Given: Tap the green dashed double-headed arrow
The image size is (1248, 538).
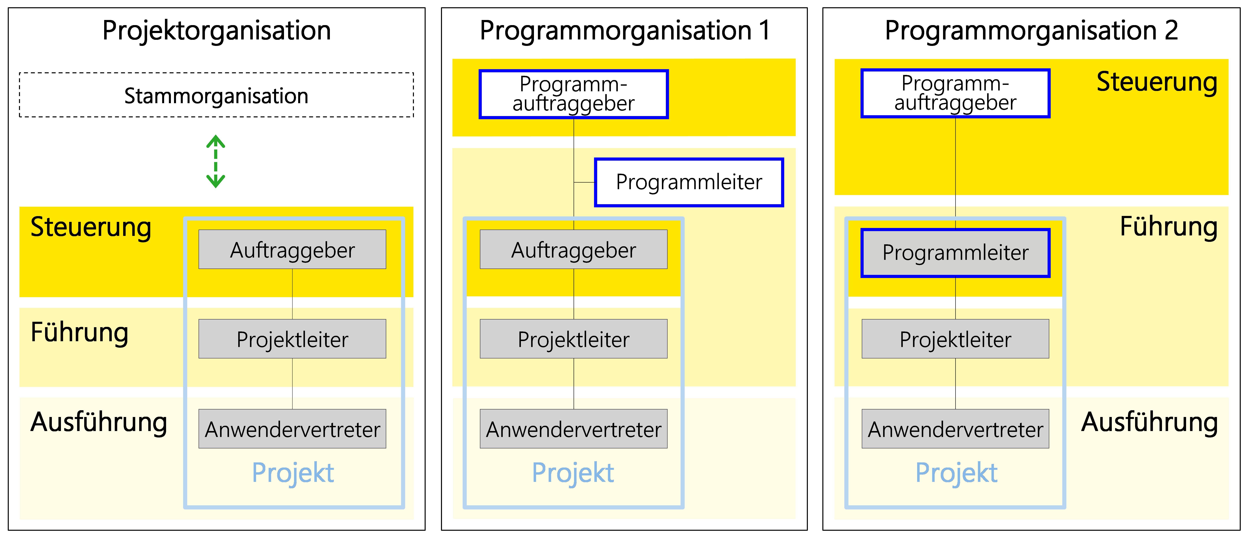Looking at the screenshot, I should click(x=216, y=161).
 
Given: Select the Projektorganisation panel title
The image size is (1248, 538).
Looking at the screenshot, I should click(x=217, y=31).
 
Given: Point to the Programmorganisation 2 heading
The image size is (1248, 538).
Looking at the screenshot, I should click(x=1031, y=31).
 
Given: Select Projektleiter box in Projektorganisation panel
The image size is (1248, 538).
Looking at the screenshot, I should click(x=292, y=339).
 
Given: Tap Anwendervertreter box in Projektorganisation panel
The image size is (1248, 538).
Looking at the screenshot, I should click(x=292, y=429).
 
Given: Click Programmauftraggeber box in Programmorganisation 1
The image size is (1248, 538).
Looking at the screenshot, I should click(x=574, y=94).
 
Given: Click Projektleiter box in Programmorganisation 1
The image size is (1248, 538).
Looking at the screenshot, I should click(x=574, y=339).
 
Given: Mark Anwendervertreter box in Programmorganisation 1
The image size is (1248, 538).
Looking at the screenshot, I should click(x=574, y=429).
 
